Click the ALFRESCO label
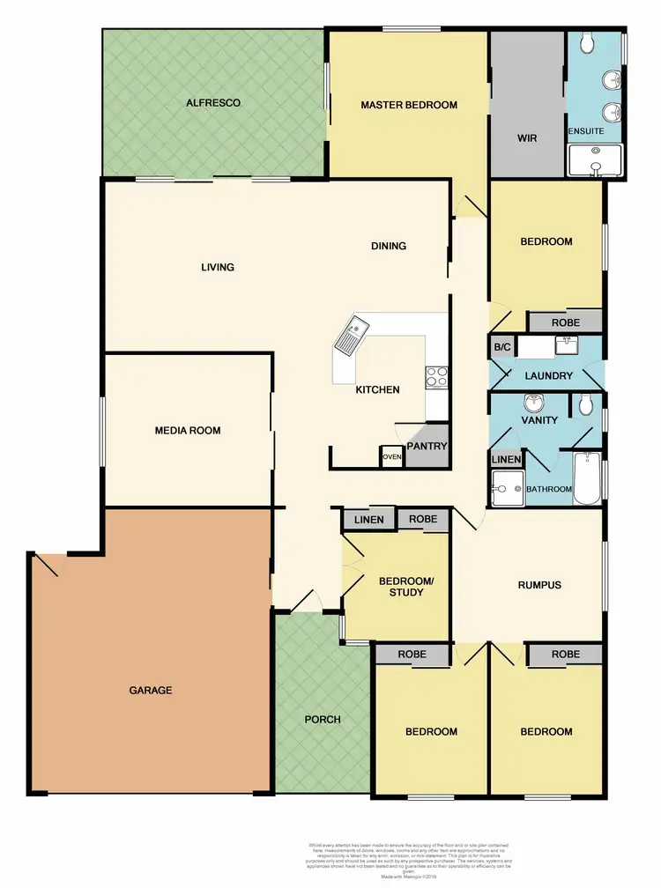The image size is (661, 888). [x=213, y=103]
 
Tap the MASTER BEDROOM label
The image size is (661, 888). [x=409, y=105]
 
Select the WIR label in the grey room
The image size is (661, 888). [x=526, y=138]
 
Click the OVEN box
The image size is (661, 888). [x=392, y=456]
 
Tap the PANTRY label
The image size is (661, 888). [x=427, y=446]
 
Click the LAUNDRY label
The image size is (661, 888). [x=549, y=376]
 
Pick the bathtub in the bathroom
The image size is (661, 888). [x=587, y=477]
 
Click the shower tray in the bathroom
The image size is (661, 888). [x=508, y=488]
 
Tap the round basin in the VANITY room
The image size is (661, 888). [x=534, y=403]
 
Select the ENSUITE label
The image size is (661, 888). [x=586, y=131]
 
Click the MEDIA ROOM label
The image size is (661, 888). [x=188, y=431]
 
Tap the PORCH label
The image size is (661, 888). [x=323, y=719]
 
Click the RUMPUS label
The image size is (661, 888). [x=538, y=584]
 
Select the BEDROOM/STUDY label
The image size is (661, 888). [x=401, y=587]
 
